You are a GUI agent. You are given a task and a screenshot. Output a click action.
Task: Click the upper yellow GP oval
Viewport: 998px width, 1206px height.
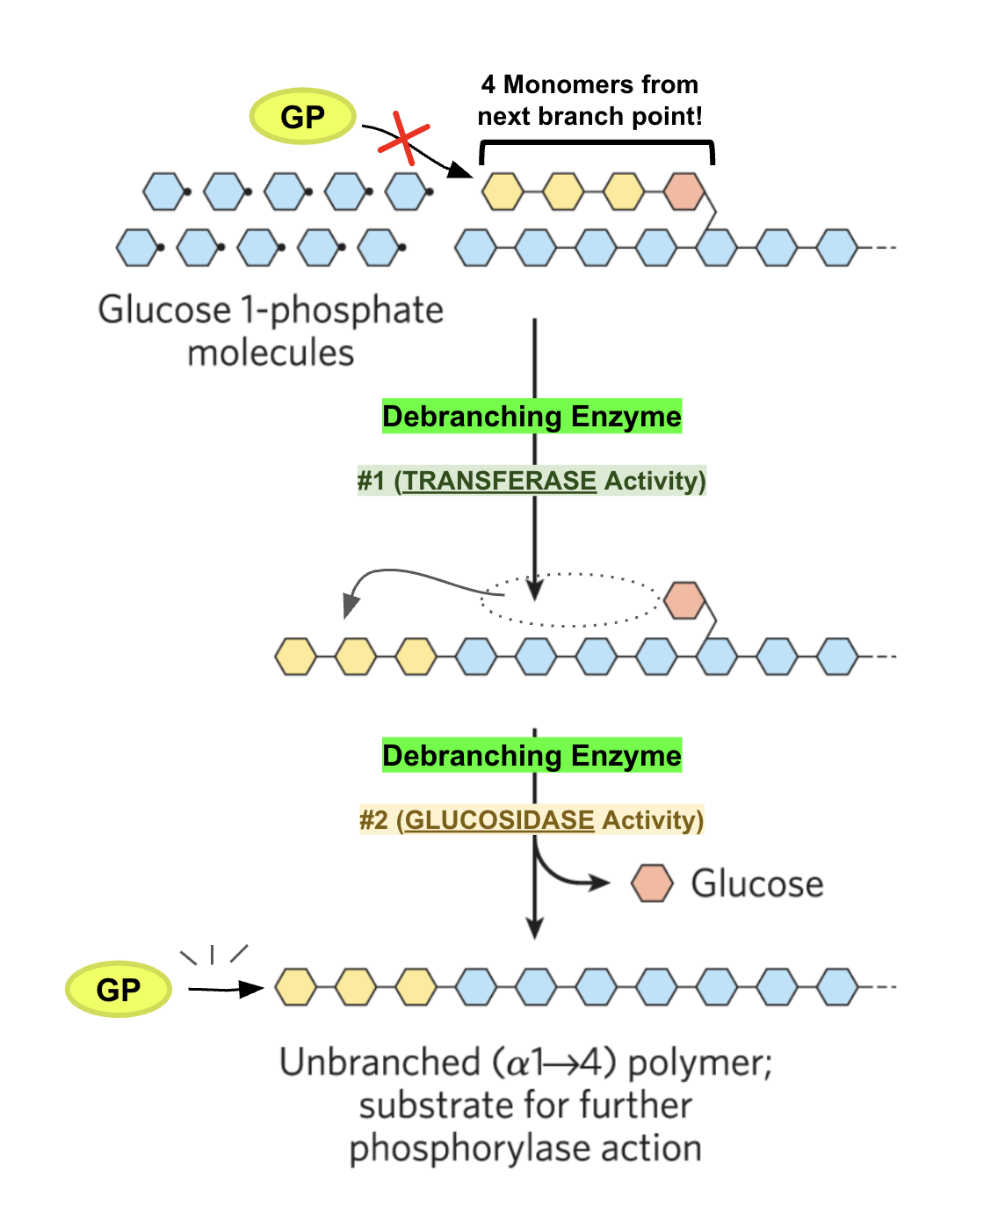click(x=302, y=116)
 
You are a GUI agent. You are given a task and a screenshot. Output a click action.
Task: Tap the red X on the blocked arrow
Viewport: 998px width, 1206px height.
click(x=404, y=139)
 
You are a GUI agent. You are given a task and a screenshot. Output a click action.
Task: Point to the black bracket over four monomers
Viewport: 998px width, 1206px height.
click(x=597, y=143)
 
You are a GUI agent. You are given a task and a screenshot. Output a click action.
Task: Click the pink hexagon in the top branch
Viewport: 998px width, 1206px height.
click(x=684, y=191)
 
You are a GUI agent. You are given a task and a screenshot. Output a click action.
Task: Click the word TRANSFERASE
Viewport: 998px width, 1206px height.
click(x=499, y=481)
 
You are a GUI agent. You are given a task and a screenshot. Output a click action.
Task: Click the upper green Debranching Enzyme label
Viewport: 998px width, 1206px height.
click(x=532, y=416)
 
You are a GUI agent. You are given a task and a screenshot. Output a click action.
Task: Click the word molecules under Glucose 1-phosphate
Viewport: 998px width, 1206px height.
click(x=271, y=352)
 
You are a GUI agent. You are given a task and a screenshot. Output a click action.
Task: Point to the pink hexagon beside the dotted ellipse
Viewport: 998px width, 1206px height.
click(x=684, y=600)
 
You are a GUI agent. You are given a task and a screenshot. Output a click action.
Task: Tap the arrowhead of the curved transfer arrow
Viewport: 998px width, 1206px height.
click(x=350, y=606)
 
